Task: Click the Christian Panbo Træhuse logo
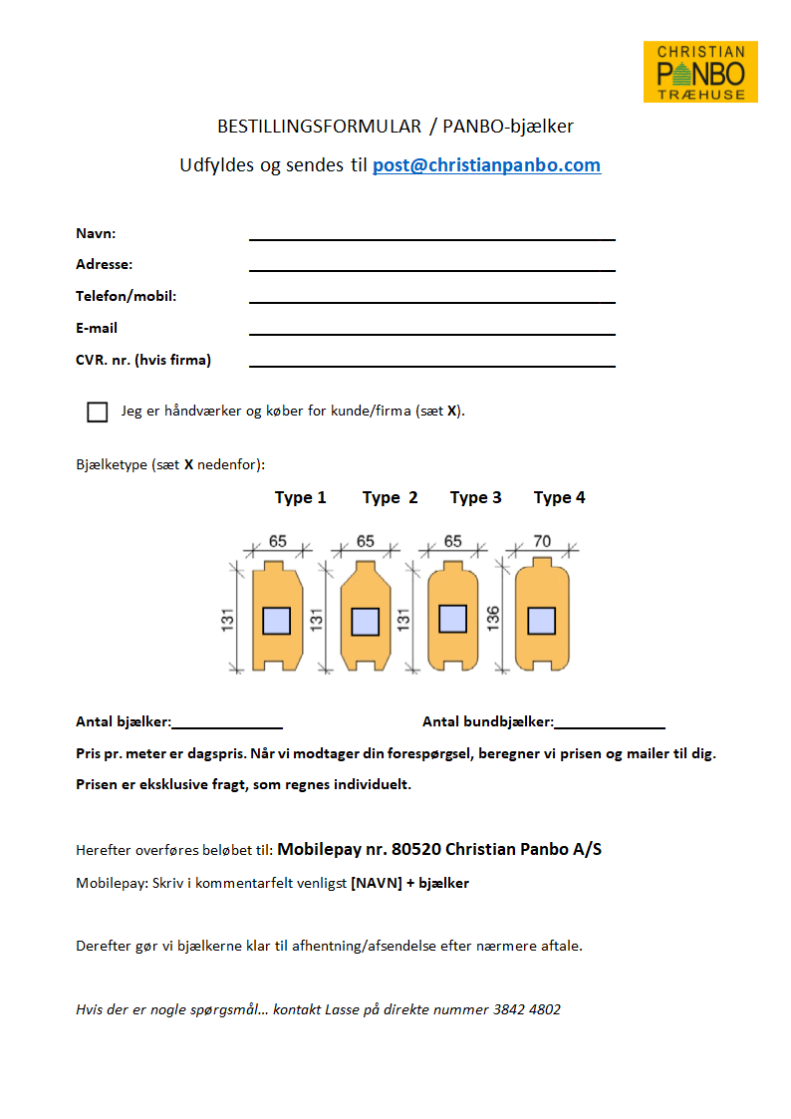tap(700, 72)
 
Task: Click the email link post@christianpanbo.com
tap(486, 165)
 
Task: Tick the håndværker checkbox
tap(98, 412)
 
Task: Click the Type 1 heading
tap(301, 497)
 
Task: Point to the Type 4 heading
tap(560, 497)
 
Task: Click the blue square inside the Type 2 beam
tap(365, 622)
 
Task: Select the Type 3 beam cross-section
tap(453, 619)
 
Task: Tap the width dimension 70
tap(542, 542)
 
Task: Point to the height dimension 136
tap(494, 618)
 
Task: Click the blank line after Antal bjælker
tap(227, 726)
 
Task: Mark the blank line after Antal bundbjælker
tap(610, 726)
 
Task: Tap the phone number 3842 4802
tap(527, 1009)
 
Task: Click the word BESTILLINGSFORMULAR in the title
tap(319, 127)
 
